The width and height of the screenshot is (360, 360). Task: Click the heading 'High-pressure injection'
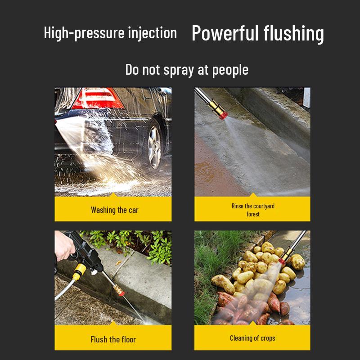pyautogui.click(x=110, y=33)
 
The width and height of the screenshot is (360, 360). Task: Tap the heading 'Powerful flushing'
pyautogui.click(x=257, y=34)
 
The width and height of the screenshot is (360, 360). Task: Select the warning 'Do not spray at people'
pyautogui.click(x=186, y=70)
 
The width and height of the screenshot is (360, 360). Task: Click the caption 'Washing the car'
pyautogui.click(x=114, y=210)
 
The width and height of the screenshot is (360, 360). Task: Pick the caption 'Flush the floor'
pyautogui.click(x=113, y=339)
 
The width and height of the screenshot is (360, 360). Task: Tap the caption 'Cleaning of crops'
pyautogui.click(x=252, y=338)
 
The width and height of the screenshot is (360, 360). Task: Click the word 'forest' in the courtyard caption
pyautogui.click(x=253, y=214)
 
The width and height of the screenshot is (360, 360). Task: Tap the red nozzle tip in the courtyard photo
pyautogui.click(x=223, y=115)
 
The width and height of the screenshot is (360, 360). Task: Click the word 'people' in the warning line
pyautogui.click(x=230, y=70)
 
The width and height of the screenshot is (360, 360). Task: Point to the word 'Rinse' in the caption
pyautogui.click(x=237, y=206)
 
